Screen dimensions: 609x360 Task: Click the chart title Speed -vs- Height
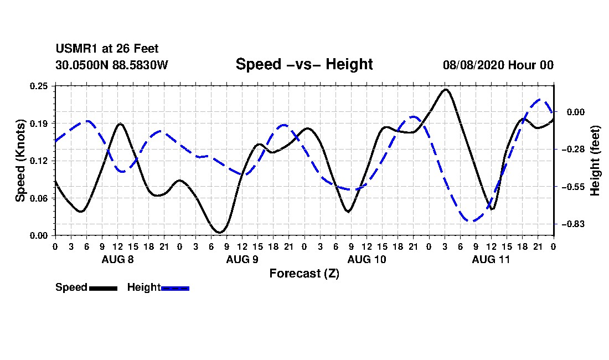304,64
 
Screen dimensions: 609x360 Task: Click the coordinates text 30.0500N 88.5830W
112,65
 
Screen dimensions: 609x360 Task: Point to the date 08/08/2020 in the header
473,65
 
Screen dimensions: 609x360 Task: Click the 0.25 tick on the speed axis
39,86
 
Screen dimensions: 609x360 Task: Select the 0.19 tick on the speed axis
39,124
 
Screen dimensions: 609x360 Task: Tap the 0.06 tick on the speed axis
39,198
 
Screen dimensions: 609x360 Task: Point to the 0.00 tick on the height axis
576,112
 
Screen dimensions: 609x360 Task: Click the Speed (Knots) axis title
20,161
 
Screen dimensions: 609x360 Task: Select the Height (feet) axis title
595,161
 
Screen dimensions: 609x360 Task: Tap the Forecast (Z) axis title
304,274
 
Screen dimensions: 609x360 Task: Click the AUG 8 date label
118,259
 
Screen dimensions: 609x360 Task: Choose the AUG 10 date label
367,259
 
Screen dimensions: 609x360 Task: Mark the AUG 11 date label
491,259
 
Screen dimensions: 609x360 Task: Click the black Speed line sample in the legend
104,288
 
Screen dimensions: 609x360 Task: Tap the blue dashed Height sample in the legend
175,288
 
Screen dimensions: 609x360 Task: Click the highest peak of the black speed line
446,90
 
